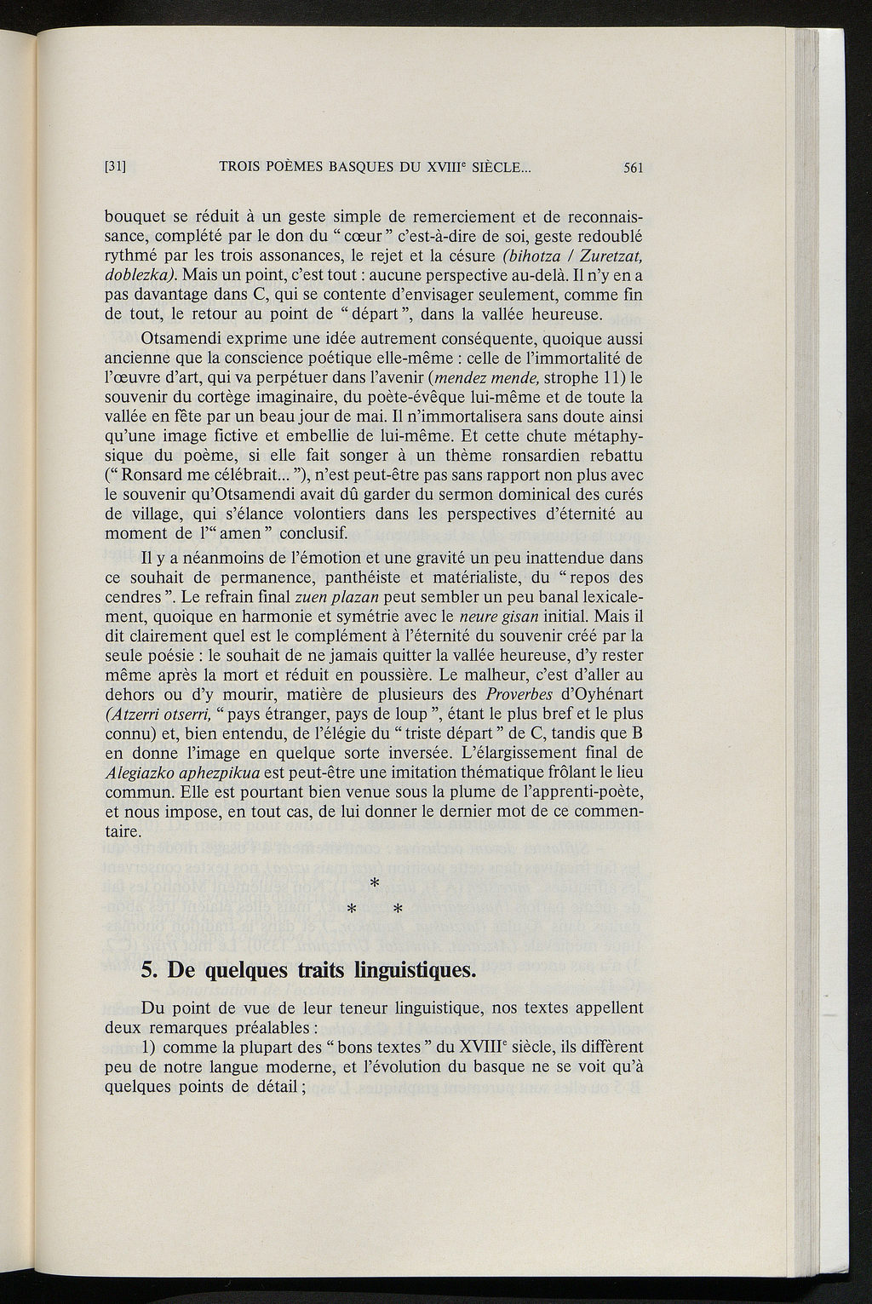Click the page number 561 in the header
tap(632, 168)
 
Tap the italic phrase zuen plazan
tap(331, 595)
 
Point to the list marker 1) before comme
tap(150, 1047)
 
